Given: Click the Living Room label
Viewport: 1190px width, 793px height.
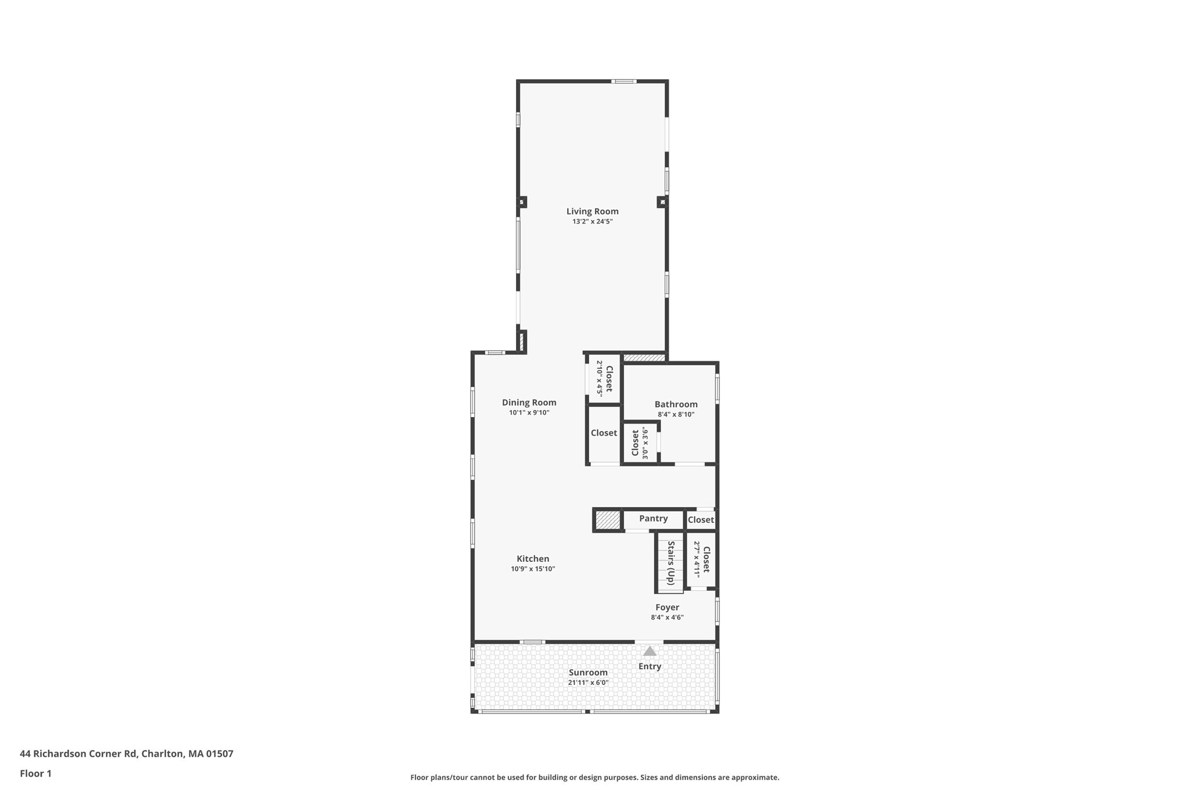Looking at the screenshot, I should (x=592, y=211).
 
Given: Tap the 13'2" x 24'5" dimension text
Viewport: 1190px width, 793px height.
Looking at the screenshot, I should (x=592, y=222).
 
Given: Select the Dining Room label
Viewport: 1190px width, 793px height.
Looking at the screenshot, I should (x=529, y=403).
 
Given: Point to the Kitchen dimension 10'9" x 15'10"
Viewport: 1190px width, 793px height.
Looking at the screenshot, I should (x=533, y=569).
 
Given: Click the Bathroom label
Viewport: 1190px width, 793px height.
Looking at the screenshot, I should (x=676, y=404).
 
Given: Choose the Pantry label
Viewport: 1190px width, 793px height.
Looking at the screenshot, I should (x=653, y=518).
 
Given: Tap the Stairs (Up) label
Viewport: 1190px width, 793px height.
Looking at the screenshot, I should (x=671, y=563).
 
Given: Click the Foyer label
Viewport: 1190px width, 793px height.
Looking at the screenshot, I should (x=667, y=608).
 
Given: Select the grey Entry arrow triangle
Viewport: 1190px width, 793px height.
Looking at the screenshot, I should (x=650, y=651).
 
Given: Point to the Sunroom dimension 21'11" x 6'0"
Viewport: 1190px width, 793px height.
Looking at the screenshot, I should (x=588, y=683).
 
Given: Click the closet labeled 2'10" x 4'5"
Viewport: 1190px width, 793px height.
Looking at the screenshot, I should (x=604, y=378).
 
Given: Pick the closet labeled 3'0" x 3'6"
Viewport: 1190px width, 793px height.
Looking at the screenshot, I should (x=639, y=443).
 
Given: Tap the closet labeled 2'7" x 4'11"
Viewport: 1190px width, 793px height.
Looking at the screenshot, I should (x=702, y=559).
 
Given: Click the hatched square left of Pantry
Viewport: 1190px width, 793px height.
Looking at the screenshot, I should (x=608, y=520).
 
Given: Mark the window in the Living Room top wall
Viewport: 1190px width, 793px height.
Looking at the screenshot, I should (x=623, y=81).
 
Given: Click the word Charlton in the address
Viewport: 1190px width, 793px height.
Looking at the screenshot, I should (x=161, y=754).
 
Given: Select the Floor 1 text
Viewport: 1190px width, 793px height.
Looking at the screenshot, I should (x=35, y=774).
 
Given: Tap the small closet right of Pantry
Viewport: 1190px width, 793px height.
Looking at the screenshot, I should (x=701, y=520).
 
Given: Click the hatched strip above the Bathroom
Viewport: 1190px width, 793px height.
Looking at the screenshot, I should (x=644, y=358).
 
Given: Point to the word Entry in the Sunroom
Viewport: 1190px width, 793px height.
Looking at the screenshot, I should (x=650, y=666).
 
